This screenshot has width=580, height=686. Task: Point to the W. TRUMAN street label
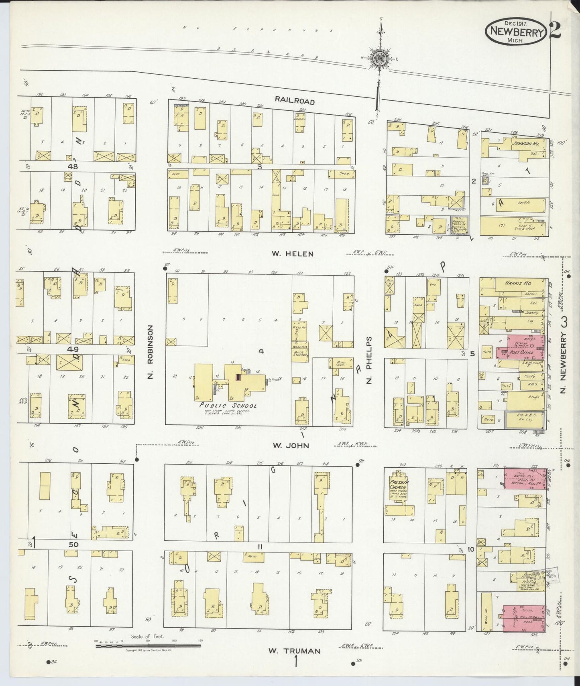click(295, 651)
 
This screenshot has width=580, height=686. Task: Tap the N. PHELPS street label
click(370, 360)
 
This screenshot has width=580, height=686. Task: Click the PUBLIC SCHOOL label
click(228, 405)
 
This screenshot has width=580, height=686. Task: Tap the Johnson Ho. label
click(522, 142)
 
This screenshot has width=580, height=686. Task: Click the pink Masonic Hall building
click(524, 478)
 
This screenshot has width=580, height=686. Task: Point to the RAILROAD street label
click(295, 101)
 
